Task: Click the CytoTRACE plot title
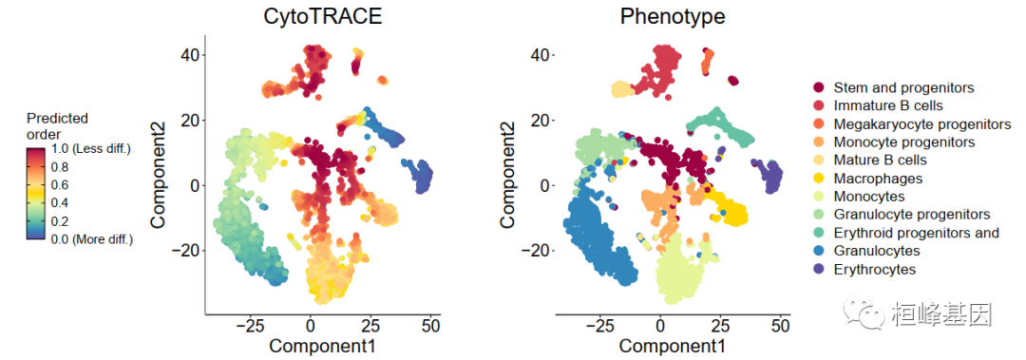(323, 16)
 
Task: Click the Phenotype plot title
(673, 16)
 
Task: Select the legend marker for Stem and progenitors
(819, 87)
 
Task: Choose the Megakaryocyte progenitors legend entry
(914, 123)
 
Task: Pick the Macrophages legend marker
(819, 178)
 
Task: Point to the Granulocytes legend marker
(819, 251)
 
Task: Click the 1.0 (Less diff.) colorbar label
(91, 149)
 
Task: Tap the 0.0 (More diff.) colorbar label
(91, 239)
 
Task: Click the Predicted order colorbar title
(57, 126)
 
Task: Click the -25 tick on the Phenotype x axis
(599, 325)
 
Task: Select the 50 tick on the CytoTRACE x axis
(430, 325)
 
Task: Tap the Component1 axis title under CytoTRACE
(323, 344)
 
